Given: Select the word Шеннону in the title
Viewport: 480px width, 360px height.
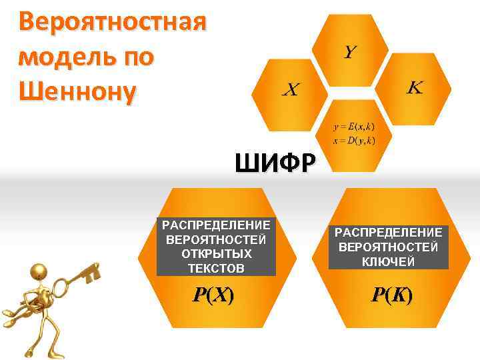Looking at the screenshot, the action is tap(77, 89).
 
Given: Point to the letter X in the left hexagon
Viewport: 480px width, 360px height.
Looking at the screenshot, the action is tap(290, 89).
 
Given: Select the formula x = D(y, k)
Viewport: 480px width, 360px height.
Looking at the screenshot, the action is tap(354, 140).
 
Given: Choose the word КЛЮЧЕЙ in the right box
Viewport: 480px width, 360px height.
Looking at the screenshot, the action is tap(388, 261).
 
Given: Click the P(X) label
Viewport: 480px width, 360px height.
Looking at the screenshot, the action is tap(213, 296).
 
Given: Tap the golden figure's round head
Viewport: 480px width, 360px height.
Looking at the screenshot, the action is tap(39, 271).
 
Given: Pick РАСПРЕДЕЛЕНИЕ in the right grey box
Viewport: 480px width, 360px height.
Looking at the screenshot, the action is tap(388, 232).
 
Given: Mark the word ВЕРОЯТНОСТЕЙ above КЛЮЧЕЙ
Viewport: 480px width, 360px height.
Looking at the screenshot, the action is tap(388, 247).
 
